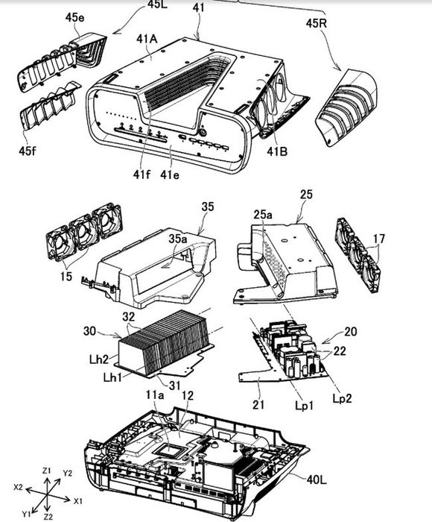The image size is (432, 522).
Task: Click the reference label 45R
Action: [317, 24]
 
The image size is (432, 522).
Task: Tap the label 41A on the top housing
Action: [147, 40]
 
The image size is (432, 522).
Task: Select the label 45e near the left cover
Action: [74, 17]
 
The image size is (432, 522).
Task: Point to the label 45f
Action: [27, 151]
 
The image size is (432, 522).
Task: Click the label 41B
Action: [276, 151]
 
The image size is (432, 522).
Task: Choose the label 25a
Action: [263, 215]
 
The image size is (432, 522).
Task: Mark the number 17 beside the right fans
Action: [379, 239]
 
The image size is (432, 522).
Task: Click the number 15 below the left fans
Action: [66, 276]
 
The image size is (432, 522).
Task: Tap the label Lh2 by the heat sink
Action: [99, 359]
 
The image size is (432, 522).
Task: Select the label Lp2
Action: [342, 398]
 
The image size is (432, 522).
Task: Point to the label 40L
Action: [317, 479]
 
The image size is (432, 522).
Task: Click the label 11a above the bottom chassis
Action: [155, 395]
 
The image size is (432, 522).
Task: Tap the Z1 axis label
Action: [47, 471]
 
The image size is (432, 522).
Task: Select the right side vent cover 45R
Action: [346, 107]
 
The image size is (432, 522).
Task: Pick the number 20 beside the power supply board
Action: [351, 331]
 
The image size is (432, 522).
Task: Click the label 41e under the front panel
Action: [170, 174]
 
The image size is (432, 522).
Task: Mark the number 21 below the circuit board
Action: [258, 404]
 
